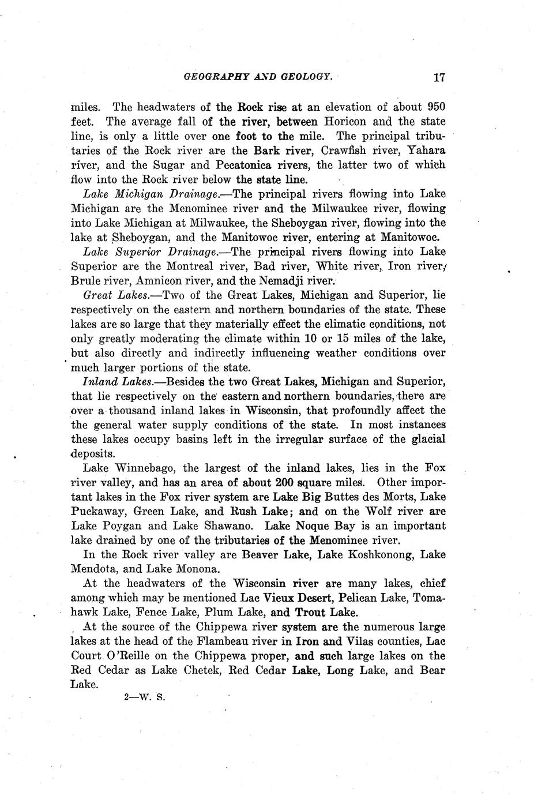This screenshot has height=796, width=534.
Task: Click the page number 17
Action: (x=439, y=77)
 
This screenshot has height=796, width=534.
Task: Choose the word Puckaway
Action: (x=98, y=512)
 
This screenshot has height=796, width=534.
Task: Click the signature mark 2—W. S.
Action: (x=145, y=697)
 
